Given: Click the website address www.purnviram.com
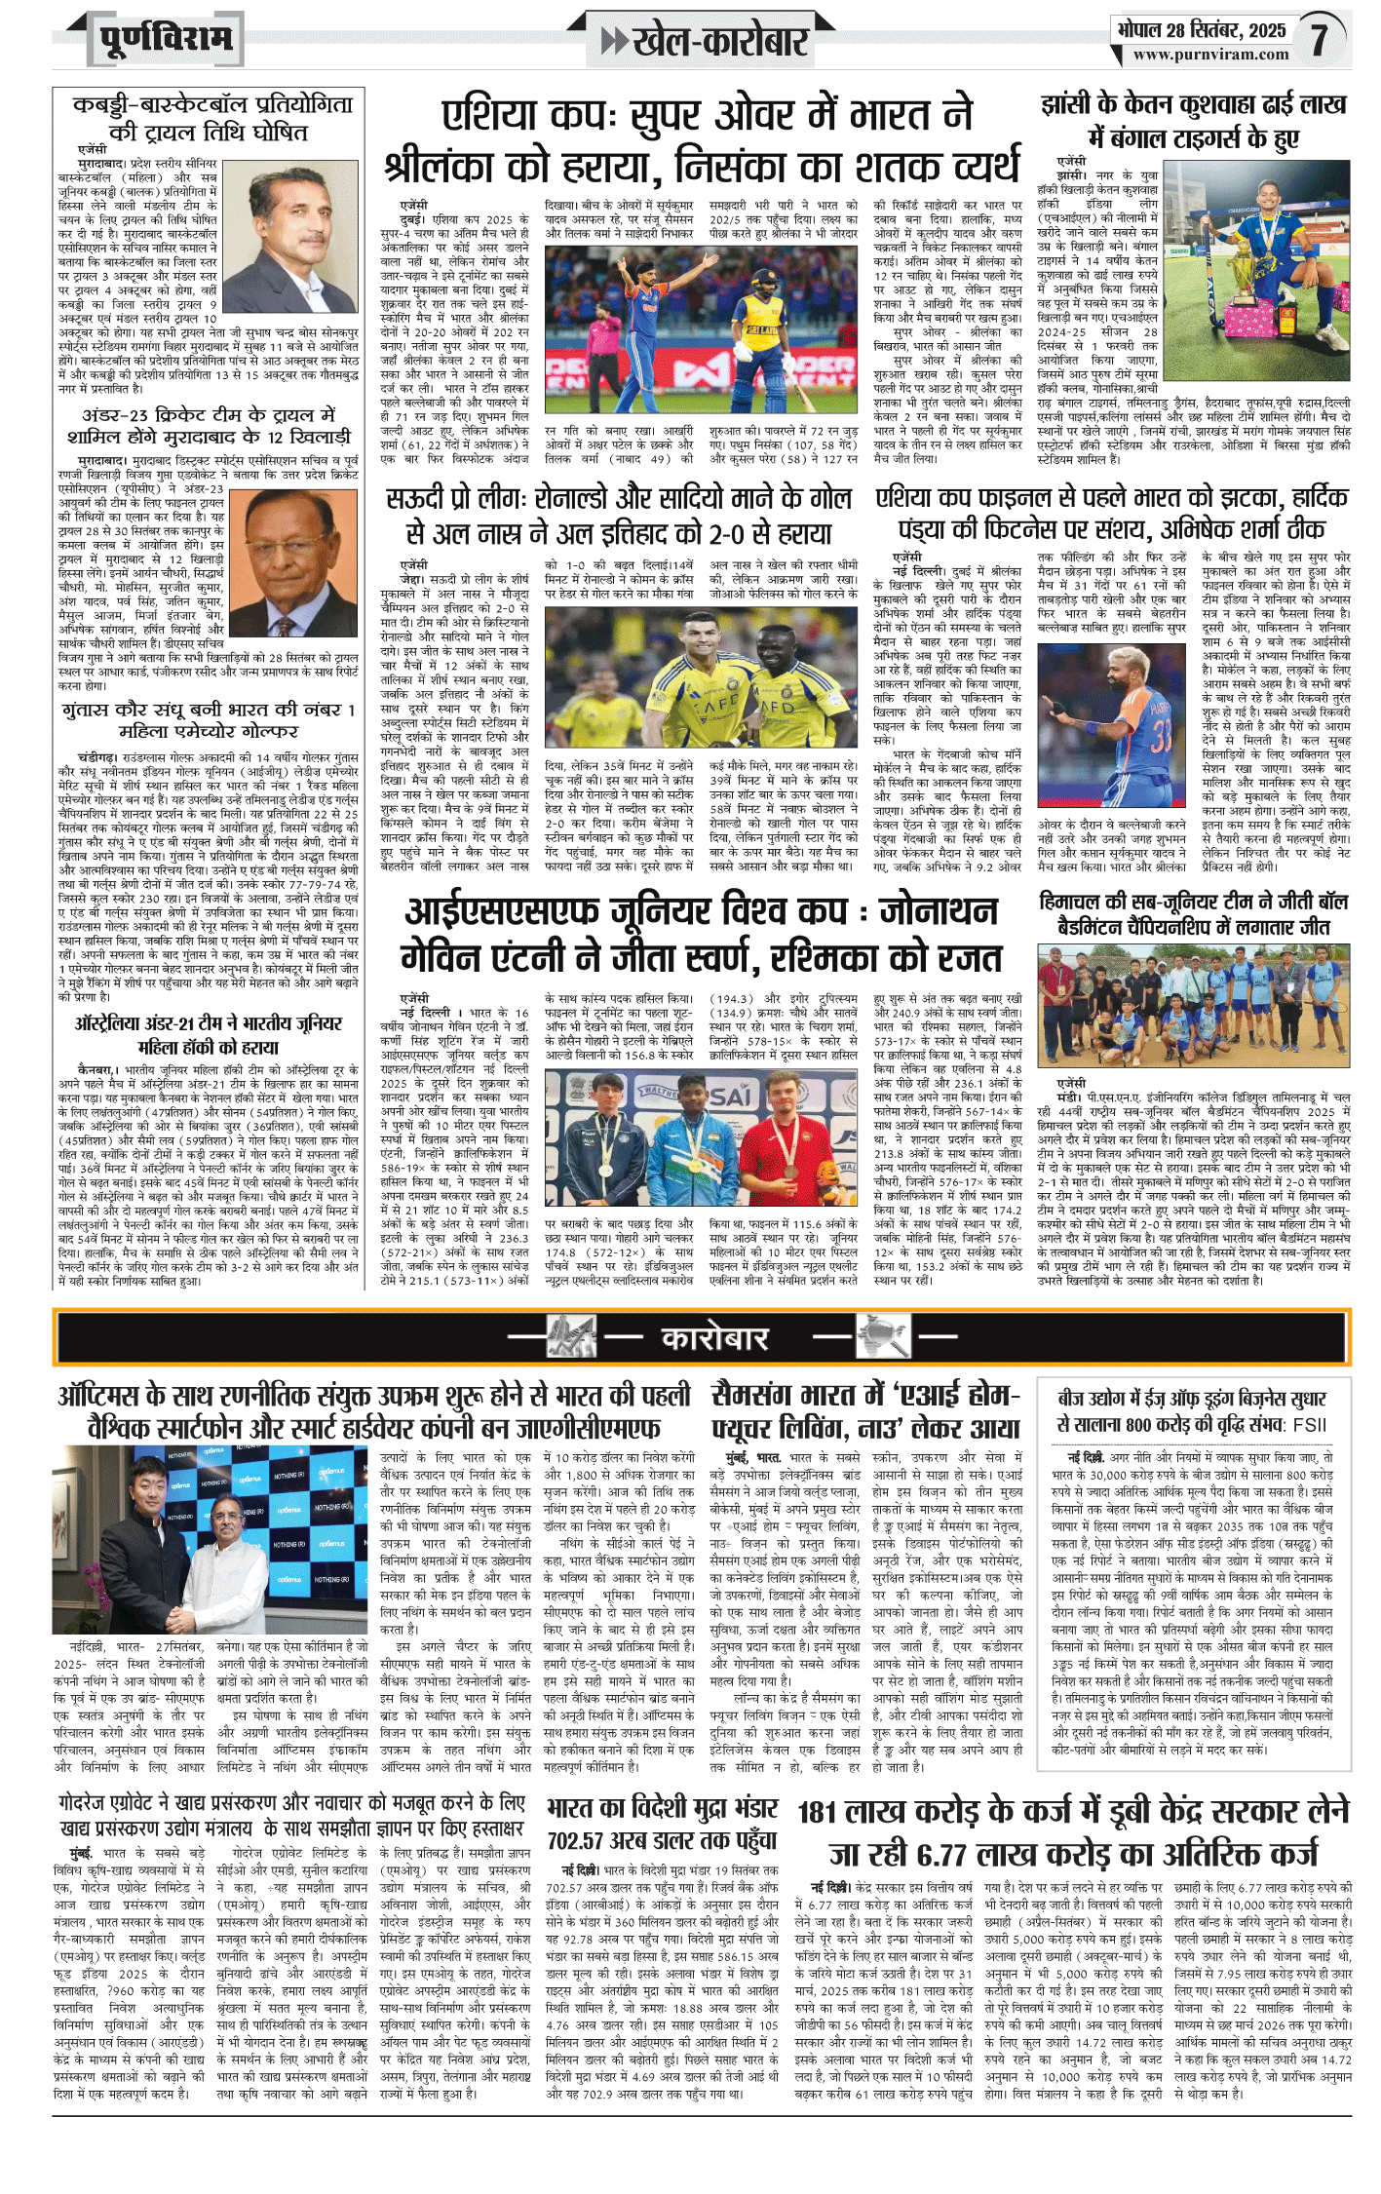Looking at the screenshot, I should (x=1210, y=56).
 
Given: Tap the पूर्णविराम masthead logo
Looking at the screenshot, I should (x=167, y=40).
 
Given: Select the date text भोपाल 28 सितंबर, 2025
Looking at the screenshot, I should (x=1202, y=30).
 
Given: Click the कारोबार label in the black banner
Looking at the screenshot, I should (x=714, y=1338).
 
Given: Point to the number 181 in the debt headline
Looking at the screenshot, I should (x=817, y=1813).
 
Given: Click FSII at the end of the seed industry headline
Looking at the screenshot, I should (x=1309, y=1425).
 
